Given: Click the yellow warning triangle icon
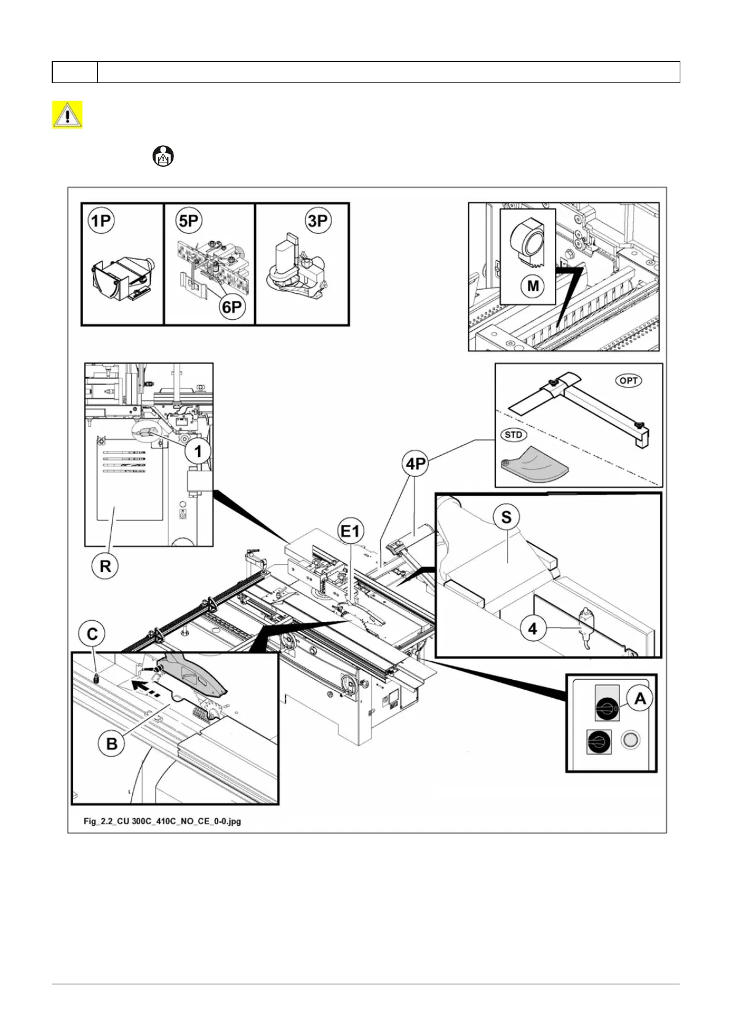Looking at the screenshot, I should pos(67,115).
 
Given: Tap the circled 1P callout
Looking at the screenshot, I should pos(101,221).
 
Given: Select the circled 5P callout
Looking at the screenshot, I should pos(189,221).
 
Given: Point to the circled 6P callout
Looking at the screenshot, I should pos(232,306).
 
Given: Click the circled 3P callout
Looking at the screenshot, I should pos(318,221).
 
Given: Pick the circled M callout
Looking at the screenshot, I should pos(533,286).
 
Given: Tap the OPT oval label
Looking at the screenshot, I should pos(628,381).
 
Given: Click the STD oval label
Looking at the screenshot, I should pos(513,435).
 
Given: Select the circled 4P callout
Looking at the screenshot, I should pos(416,463).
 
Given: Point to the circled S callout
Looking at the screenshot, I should pos(506,517).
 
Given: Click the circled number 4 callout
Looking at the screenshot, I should pos(533,629).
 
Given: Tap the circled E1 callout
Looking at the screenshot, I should pos(351,530).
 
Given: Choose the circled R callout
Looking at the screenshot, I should pos(105,566).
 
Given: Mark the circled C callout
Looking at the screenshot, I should pos(92,634).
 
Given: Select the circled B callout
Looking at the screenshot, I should pos(111,744).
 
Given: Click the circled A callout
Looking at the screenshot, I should pos(640,699).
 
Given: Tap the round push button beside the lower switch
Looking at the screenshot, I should pos(629,739).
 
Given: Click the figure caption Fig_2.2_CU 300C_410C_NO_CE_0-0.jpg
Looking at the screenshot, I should pos(162,821).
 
